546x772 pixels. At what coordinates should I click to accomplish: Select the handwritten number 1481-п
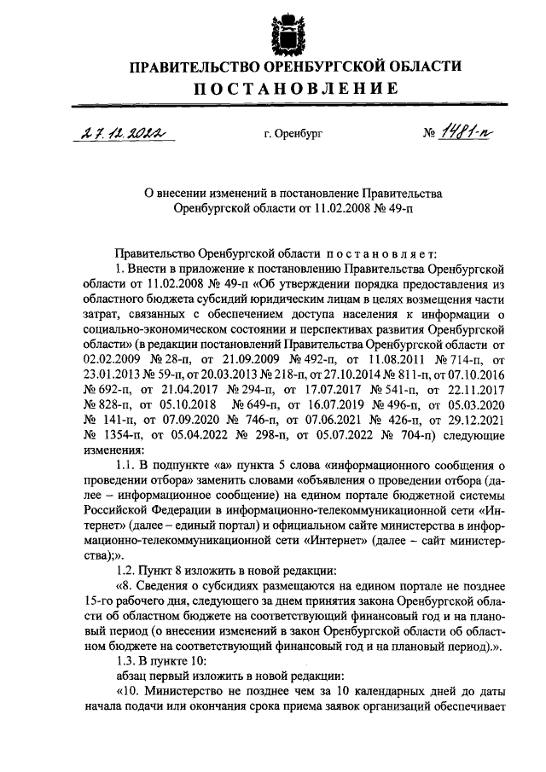click(458, 131)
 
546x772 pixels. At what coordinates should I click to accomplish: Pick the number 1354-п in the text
click(111, 435)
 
